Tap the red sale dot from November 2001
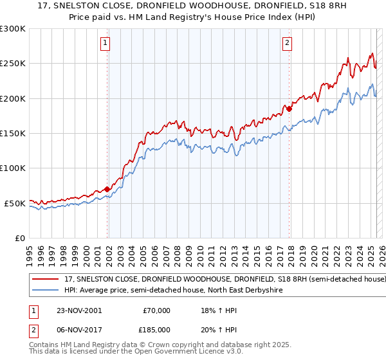coord(107,189)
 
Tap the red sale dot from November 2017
coord(289,109)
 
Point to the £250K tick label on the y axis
coord(12,64)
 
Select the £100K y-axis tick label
coord(12,168)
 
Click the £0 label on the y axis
coord(19,238)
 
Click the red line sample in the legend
coord(46,280)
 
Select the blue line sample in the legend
coord(46,291)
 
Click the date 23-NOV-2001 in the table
coord(77,310)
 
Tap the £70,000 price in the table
coord(156,310)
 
